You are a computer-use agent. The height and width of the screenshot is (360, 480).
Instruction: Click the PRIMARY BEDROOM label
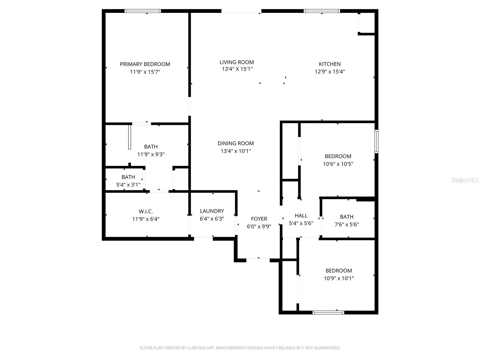click(x=145, y=64)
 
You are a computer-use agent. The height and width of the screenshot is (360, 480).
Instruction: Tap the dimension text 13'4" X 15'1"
click(x=237, y=69)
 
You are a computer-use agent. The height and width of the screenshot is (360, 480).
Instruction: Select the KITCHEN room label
click(x=329, y=64)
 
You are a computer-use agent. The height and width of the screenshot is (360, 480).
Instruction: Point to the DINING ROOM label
click(x=235, y=143)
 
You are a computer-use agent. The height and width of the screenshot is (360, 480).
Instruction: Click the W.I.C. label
click(x=145, y=211)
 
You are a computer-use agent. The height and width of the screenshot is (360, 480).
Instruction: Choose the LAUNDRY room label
click(x=212, y=211)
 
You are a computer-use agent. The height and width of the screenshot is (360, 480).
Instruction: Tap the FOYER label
click(x=259, y=219)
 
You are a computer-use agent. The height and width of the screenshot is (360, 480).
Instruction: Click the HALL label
click(x=301, y=215)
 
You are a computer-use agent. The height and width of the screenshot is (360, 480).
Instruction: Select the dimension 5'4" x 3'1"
click(x=128, y=185)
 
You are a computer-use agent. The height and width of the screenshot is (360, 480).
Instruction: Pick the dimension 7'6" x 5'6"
click(x=346, y=224)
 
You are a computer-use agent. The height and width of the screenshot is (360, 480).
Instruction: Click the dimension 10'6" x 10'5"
click(x=338, y=164)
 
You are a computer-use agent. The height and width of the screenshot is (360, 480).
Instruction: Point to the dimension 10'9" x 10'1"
click(x=338, y=278)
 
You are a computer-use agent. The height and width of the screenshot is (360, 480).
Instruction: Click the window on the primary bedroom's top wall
click(x=143, y=11)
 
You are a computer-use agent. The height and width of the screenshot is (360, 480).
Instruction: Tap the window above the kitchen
click(x=322, y=11)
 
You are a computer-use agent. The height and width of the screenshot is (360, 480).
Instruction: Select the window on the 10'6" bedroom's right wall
click(x=376, y=142)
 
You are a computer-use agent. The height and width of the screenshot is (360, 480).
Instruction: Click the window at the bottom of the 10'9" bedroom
click(x=328, y=312)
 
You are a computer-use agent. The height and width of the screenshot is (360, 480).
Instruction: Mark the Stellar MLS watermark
click(x=465, y=180)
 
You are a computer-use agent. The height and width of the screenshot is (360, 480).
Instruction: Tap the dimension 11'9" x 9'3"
click(x=151, y=154)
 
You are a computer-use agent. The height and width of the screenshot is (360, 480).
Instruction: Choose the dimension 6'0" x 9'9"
click(x=259, y=226)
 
